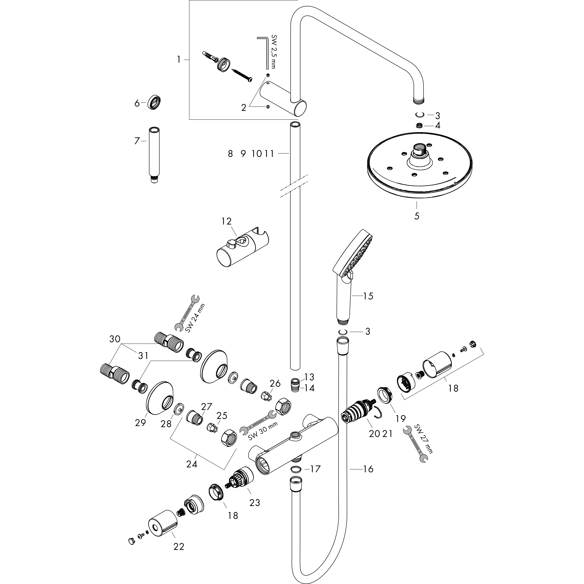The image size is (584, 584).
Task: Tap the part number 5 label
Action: click(417, 216)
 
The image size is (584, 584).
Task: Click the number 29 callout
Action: click(141, 423)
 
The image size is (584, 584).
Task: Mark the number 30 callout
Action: click(115, 339)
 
